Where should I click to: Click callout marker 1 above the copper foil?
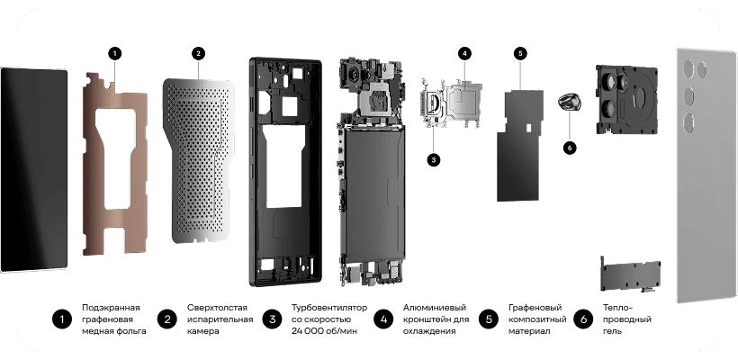coord(114,54)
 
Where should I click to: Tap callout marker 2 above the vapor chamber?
coord(199,54)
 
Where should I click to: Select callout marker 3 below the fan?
coord(434,159)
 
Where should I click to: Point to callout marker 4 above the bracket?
coord(464,54)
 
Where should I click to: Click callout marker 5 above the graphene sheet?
coord(520,54)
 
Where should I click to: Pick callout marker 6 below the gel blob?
coord(570,148)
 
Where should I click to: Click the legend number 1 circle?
coord(62,319)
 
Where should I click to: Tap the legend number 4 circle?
coord(383,319)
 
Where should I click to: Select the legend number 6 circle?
coord(583,319)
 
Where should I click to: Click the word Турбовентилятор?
coord(329,308)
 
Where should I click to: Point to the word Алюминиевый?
coord(435,308)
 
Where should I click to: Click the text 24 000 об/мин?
coord(324,331)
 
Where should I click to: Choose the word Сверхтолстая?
coord(217,308)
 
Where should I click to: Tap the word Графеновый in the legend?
coord(535,308)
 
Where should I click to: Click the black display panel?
coord(34,170)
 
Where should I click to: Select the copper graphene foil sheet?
coord(115,163)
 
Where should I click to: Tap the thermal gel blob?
coord(569,102)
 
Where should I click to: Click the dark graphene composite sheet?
coord(520,146)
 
